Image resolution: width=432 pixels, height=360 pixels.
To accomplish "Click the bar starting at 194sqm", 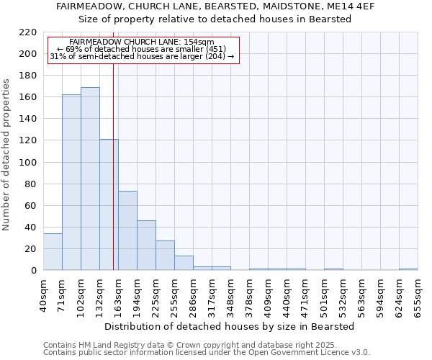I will pyautogui.click(x=146, y=246).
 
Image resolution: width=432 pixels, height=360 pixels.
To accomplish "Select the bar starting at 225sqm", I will pyautogui.click(x=165, y=256).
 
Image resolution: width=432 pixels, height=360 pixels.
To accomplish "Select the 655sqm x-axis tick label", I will pyautogui.click(x=418, y=295).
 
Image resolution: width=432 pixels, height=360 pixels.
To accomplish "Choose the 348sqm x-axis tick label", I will pyautogui.click(x=230, y=295).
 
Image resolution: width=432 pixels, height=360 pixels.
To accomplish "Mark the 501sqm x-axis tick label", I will pyautogui.click(x=324, y=295).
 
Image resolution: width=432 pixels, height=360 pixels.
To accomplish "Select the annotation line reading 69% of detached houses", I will pyautogui.click(x=142, y=49).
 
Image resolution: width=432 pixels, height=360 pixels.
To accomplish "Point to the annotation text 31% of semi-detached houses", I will pyautogui.click(x=142, y=56).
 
